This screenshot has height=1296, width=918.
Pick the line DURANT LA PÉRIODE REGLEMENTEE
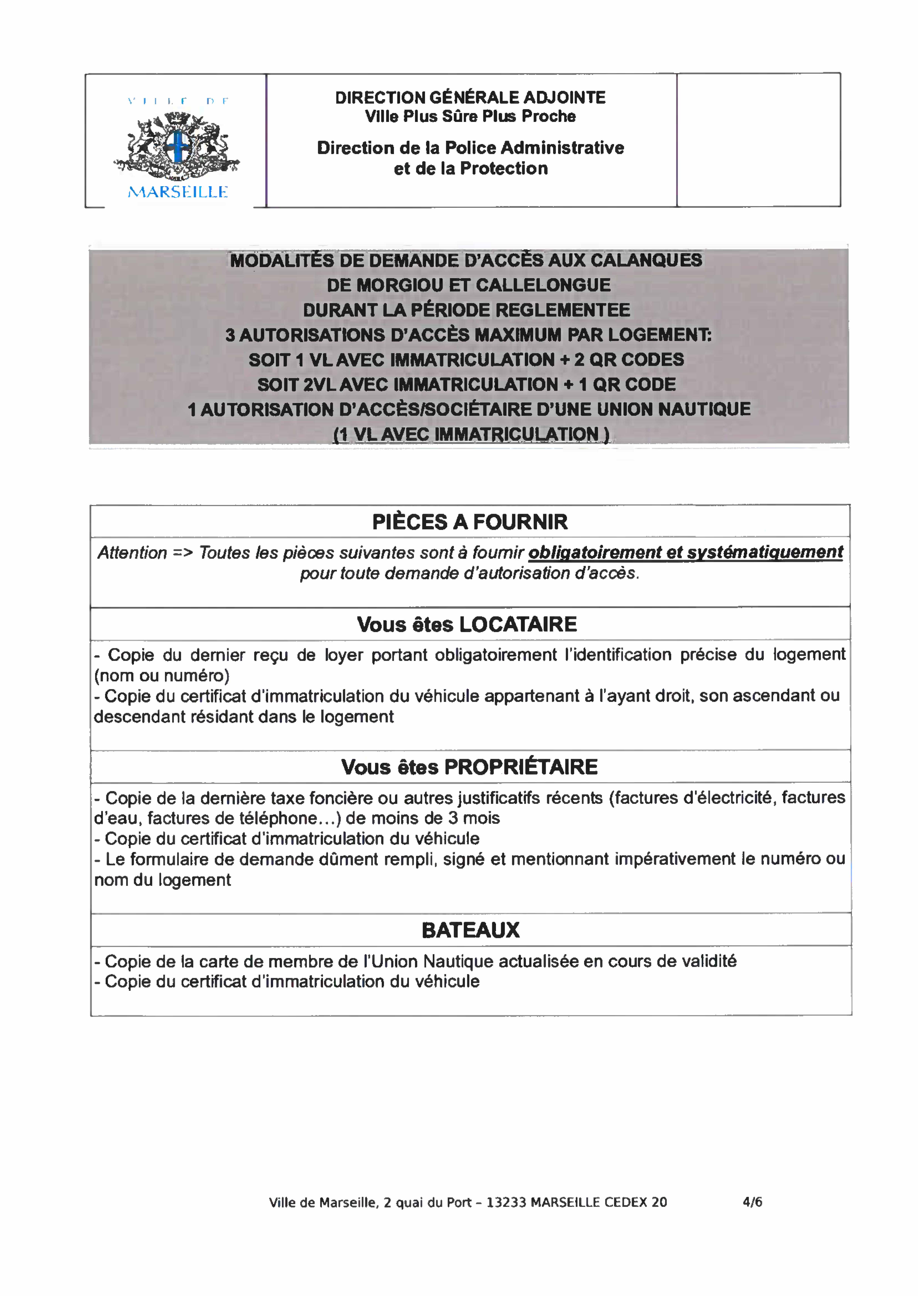pos(466,310)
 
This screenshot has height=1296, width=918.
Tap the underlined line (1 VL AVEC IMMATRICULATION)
pos(471,434)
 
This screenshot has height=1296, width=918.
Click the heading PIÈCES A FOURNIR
pos(470,522)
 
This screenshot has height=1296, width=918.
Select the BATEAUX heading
pos(470,930)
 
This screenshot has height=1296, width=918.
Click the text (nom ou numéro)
pos(162,676)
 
